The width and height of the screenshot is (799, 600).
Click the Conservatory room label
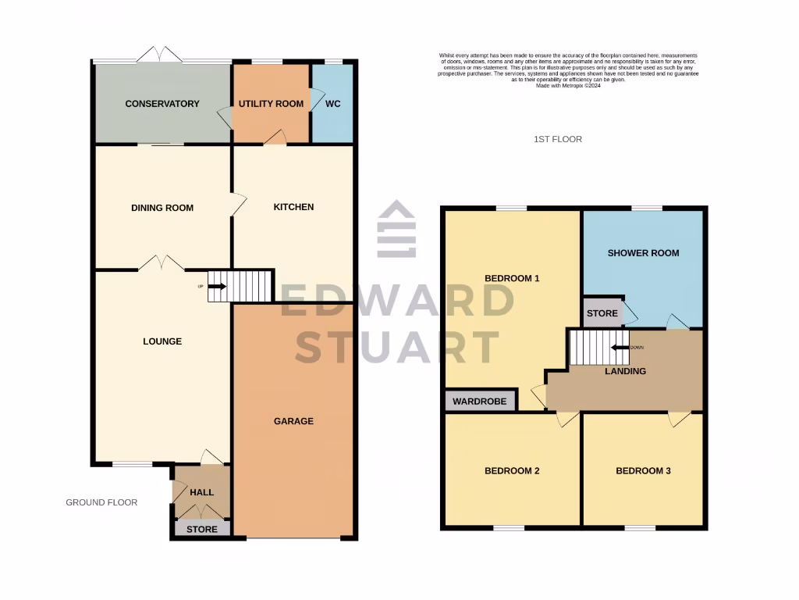click(x=162, y=104)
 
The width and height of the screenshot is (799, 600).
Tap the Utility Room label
click(x=271, y=104)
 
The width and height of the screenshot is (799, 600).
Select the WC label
click(x=332, y=104)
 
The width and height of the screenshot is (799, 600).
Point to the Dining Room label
click(x=162, y=208)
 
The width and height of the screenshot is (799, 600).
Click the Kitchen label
click(x=293, y=207)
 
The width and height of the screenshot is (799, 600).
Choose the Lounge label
click(x=162, y=341)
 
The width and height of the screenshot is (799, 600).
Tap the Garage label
click(x=293, y=421)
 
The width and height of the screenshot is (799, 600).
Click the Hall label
click(x=201, y=492)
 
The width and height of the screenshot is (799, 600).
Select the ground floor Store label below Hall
click(x=201, y=529)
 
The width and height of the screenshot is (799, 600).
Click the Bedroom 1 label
click(x=512, y=278)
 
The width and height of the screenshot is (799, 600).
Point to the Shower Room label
click(x=643, y=253)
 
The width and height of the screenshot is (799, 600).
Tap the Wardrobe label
click(x=481, y=402)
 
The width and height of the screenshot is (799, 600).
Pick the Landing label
click(x=625, y=371)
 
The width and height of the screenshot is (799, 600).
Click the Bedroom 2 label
click(x=512, y=471)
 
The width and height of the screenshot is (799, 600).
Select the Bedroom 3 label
click(x=643, y=471)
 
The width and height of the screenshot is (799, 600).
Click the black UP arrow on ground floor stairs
click(x=217, y=287)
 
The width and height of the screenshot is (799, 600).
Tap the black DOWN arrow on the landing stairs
click(x=620, y=348)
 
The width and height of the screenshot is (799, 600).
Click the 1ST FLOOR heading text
click(x=558, y=139)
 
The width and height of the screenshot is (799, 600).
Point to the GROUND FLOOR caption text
click(x=101, y=502)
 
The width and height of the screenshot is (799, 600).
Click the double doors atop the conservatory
click(x=161, y=55)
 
